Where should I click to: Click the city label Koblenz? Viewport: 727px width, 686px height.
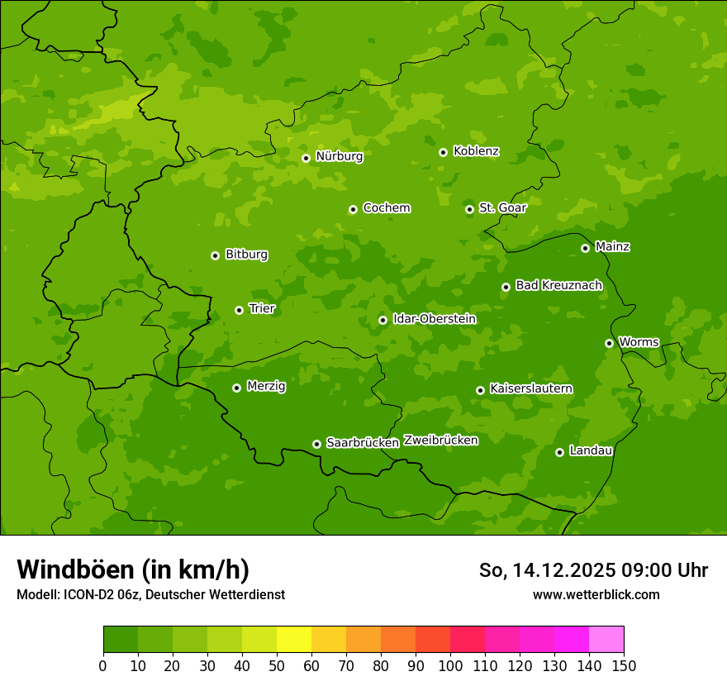click(476, 151)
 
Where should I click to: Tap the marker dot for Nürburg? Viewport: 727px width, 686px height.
click(306, 158)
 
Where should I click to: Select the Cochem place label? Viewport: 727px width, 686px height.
click(386, 208)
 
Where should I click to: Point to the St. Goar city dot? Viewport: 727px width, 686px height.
click(469, 209)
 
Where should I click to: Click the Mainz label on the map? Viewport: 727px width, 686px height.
click(612, 247)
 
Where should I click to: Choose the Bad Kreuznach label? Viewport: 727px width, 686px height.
click(558, 286)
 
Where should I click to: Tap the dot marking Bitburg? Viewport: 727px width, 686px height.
click(215, 255)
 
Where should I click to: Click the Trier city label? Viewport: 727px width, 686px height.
click(262, 309)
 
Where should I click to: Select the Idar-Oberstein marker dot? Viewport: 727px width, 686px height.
click(383, 320)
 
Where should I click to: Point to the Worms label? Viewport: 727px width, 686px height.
click(639, 342)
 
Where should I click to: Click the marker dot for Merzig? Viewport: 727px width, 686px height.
click(236, 388)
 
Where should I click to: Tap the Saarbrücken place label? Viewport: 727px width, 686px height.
click(363, 443)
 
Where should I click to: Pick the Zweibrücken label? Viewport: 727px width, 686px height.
click(440, 441)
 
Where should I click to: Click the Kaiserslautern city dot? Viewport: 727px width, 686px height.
click(480, 390)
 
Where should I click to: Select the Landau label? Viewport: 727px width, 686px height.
click(591, 451)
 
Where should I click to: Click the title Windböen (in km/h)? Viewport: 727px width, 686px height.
click(132, 569)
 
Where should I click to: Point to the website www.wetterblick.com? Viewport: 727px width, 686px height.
click(596, 594)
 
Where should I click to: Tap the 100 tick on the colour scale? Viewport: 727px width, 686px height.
click(450, 665)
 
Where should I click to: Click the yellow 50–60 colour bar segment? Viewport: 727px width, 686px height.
click(293, 640)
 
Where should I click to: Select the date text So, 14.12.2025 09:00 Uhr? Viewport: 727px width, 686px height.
click(593, 570)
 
